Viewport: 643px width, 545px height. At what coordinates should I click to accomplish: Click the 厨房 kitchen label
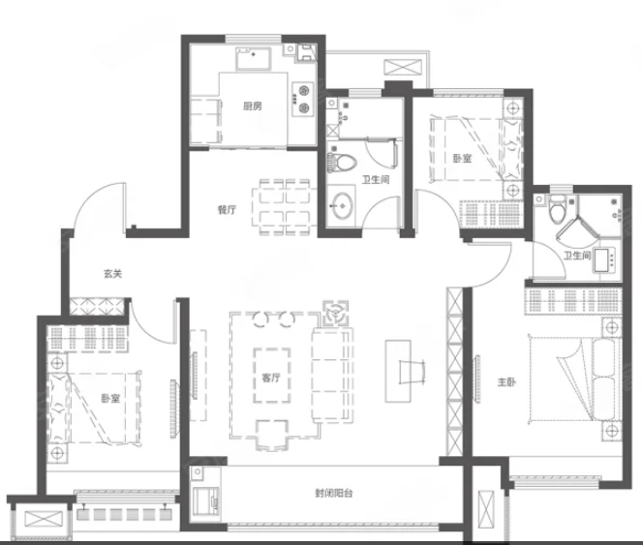pos(252,106)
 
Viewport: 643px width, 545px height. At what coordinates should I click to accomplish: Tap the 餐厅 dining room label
pos(227,209)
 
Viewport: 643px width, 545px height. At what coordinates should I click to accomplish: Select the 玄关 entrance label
pos(112,273)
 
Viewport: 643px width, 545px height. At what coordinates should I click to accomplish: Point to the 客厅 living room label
pos(271,378)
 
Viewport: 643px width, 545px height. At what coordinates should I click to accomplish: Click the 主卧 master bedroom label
pos(506,381)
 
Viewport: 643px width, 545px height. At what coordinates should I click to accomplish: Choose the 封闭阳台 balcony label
pos(334,493)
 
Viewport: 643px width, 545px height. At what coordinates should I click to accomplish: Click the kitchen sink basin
pos(253,58)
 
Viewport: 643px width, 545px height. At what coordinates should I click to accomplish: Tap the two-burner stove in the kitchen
pos(303,100)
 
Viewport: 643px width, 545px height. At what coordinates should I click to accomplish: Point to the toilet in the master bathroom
pos(557,209)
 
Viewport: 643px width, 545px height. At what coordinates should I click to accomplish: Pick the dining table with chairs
pos(285,207)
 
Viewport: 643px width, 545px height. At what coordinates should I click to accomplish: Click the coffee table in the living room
pos(272,376)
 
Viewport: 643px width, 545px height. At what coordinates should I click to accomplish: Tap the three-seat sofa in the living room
pos(332,376)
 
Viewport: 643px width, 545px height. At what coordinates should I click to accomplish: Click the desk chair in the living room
pos(413,372)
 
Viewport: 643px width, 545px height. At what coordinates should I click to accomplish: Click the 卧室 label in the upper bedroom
pos(462,159)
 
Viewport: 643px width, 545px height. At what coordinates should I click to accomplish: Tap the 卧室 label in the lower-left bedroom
pos(110,398)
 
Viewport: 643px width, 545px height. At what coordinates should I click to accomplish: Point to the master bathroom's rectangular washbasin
pos(604,260)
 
